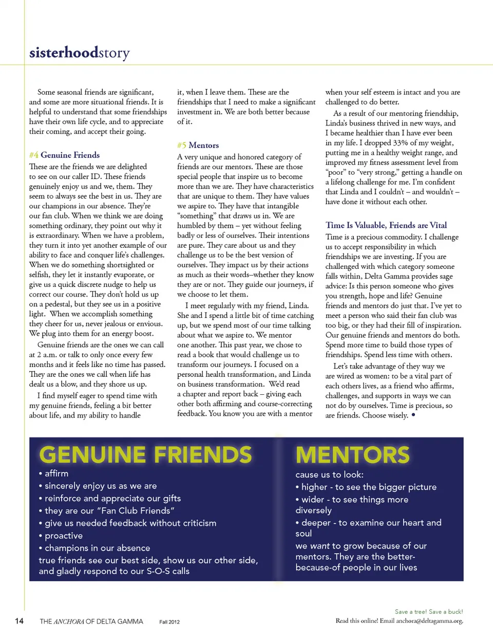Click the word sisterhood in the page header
pos(64,53)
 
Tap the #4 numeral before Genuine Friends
pos(34,155)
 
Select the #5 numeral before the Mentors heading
pos(182,145)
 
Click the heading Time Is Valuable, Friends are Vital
pos(386,225)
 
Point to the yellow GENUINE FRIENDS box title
pos(145,455)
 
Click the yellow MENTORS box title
pos(352,455)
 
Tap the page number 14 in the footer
pos(19,621)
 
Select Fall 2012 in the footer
pos(169,622)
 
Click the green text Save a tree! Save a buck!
pos(429,612)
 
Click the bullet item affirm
pos(56,473)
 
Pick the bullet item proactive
pos(63,536)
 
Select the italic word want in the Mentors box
pos(319,546)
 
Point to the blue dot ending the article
pos(413,415)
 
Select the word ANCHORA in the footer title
pos(69,621)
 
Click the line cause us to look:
pos(329,474)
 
